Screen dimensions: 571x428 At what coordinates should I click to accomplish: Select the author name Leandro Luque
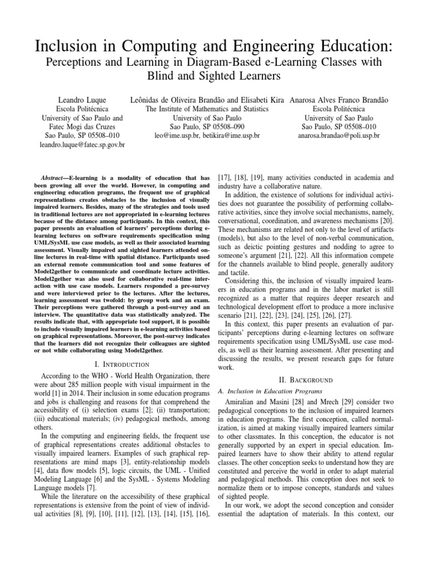(x=83, y=100)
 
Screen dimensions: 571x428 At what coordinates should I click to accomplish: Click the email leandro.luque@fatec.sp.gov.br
(x=83, y=145)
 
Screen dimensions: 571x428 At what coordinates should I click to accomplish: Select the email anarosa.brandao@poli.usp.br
(x=339, y=136)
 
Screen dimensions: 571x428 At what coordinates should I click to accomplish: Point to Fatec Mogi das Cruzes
(x=82, y=127)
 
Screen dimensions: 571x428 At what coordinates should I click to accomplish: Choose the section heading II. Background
(x=318, y=379)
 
